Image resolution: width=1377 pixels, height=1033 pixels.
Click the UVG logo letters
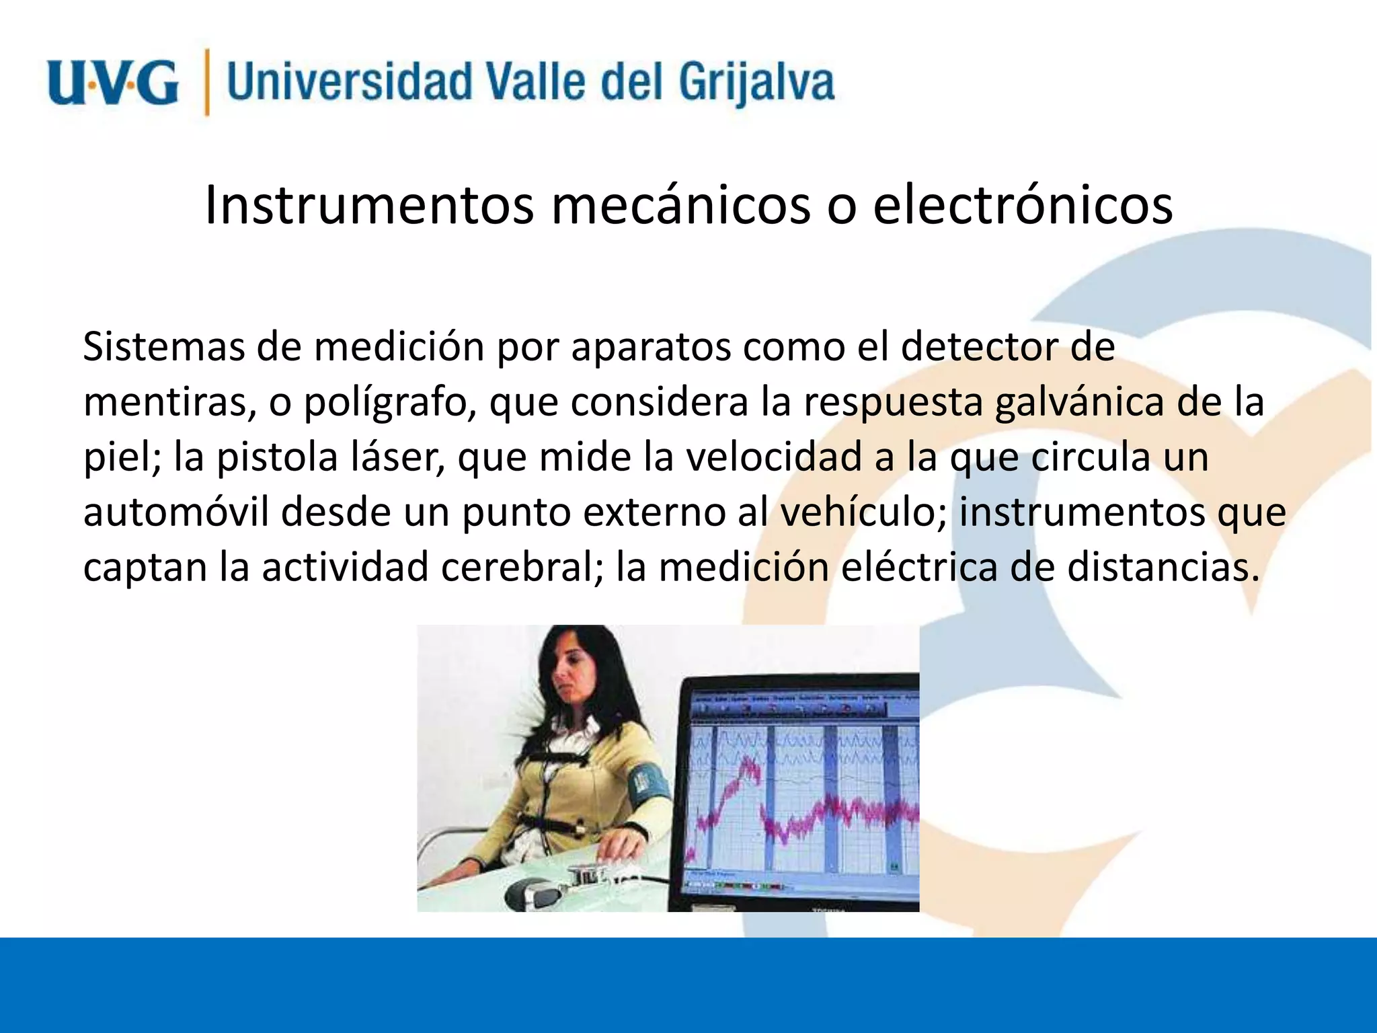pyautogui.click(x=113, y=82)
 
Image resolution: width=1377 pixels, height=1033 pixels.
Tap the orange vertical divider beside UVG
pyautogui.click(x=207, y=82)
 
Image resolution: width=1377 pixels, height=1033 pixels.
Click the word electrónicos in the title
pyautogui.click(x=1023, y=205)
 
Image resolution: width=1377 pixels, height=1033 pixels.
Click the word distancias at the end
pyautogui.click(x=1163, y=568)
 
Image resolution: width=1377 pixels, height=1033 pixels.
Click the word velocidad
pyautogui.click(x=773, y=457)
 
